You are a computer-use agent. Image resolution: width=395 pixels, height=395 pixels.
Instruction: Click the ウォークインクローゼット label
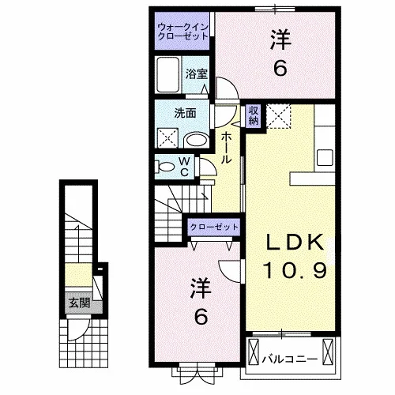182,32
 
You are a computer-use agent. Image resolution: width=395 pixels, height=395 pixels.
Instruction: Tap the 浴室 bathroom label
197,74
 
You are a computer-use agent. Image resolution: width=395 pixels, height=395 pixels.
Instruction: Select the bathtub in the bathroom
168,74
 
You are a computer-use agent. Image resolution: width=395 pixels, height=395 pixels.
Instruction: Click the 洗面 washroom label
185,113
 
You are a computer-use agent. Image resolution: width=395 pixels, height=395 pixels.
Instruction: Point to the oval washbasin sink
197,140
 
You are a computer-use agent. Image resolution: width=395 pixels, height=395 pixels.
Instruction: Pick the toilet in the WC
165,167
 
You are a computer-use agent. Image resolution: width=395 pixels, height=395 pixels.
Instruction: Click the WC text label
185,167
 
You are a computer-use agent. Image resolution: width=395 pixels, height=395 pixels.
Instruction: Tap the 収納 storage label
254,115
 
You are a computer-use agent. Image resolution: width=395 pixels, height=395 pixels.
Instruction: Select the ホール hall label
226,148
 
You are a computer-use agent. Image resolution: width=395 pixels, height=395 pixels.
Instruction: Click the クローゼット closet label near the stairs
214,227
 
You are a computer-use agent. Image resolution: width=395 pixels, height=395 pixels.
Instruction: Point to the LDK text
295,243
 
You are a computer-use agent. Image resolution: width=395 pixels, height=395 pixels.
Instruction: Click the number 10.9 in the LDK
295,270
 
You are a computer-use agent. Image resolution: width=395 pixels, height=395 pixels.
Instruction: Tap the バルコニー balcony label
290,359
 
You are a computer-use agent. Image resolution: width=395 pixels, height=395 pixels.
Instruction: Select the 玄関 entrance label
79,303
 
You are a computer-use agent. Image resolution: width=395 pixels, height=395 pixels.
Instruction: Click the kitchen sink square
325,157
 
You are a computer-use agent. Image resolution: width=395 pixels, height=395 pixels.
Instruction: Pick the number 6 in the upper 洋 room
280,69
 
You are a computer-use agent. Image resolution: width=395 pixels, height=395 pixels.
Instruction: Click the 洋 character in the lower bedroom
201,288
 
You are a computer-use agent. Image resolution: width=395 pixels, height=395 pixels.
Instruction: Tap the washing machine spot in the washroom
167,137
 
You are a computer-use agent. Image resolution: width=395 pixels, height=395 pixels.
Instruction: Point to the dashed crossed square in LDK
279,116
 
